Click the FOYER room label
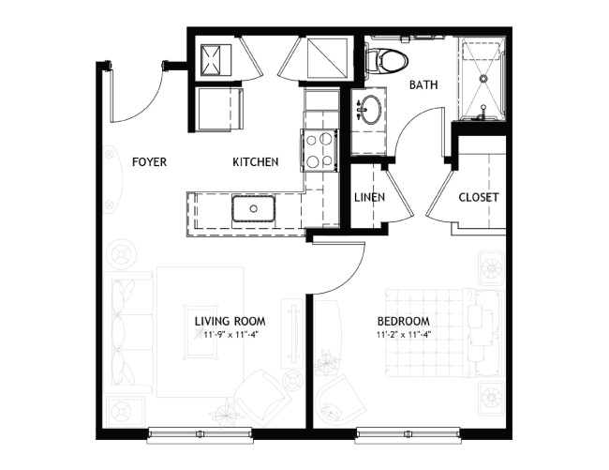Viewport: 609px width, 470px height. [x=149, y=161]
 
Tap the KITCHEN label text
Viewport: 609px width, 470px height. [x=256, y=161]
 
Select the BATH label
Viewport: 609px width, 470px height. [x=423, y=84]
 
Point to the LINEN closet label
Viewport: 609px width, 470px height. [x=369, y=198]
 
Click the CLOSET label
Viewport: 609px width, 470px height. [x=479, y=198]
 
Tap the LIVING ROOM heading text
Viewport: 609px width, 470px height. [x=230, y=322]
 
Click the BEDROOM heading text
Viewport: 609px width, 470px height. [x=404, y=322]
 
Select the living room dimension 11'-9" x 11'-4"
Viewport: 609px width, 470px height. [x=230, y=334]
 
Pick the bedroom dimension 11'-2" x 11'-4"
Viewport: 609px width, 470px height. [x=404, y=334]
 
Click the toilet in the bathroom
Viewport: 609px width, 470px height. [x=387, y=61]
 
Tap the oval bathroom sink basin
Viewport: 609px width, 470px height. [x=371, y=110]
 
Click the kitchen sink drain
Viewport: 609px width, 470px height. [x=254, y=209]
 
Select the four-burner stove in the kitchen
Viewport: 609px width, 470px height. [x=319, y=150]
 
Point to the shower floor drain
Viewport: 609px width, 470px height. [x=483, y=78]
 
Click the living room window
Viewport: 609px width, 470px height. [x=201, y=433]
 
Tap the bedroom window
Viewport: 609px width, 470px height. [x=408, y=433]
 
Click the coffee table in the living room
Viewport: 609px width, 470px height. [x=201, y=332]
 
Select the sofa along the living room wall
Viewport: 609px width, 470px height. [x=128, y=332]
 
